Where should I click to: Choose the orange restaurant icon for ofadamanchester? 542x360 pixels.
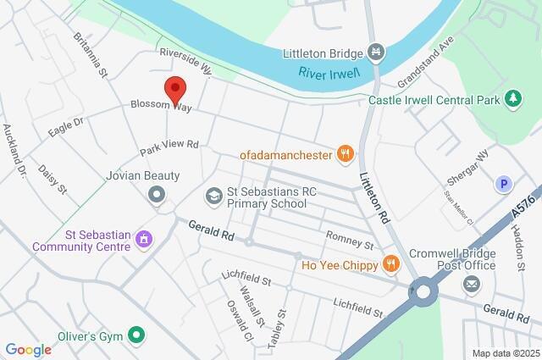point(345,153)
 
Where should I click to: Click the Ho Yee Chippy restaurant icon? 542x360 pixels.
point(390,263)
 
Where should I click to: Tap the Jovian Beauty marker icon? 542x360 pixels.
point(156,196)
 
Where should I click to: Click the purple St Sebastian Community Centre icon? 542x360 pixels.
point(143,241)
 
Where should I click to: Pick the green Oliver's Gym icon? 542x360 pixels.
point(134,335)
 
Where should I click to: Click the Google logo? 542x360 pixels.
point(28,350)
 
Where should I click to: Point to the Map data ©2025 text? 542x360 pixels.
point(506,353)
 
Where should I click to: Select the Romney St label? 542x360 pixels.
point(350,244)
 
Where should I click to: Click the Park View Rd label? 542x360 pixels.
point(169,148)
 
